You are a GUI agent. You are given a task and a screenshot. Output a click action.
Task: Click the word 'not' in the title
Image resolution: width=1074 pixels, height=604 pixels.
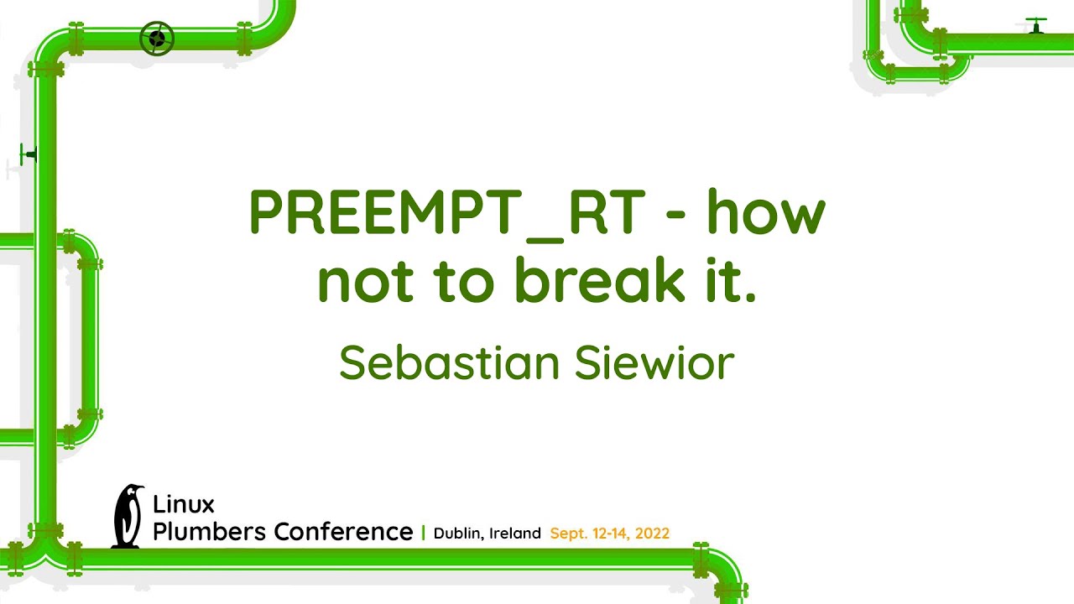(x=364, y=283)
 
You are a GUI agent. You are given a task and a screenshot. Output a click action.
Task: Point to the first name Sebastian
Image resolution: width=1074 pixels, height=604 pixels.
(x=449, y=363)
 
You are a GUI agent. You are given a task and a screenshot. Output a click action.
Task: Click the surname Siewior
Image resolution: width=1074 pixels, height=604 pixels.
(x=654, y=363)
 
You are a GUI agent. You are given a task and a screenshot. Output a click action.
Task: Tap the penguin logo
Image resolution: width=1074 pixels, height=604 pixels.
(x=128, y=516)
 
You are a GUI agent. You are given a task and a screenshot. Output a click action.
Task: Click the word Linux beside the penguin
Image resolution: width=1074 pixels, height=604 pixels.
(x=183, y=504)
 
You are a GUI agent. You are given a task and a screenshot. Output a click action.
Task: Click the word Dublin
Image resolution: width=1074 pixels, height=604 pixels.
(x=458, y=534)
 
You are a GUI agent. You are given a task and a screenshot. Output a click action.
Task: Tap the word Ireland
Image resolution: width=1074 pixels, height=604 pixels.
(x=515, y=534)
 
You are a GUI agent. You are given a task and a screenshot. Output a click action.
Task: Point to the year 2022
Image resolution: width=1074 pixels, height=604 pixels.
(x=652, y=534)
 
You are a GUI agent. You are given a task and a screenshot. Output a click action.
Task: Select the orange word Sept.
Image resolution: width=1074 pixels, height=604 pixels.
(x=569, y=534)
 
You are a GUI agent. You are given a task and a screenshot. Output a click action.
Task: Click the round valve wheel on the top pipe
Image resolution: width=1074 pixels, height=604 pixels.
(x=157, y=39)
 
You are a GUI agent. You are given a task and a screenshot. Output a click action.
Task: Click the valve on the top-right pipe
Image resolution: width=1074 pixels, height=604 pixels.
(x=1036, y=25)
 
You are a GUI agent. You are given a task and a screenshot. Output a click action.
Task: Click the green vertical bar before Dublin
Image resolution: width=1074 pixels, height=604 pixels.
(x=423, y=533)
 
